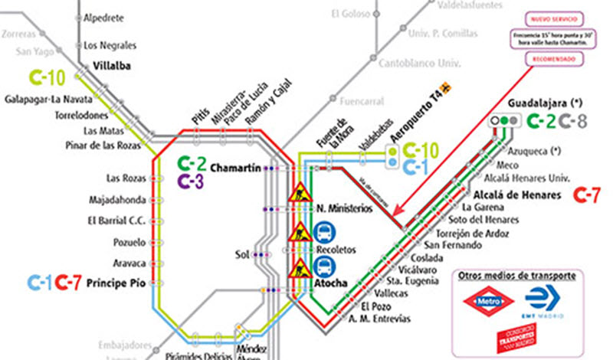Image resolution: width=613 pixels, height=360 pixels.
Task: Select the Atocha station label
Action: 331,283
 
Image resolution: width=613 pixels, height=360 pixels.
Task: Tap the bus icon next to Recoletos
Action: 324,232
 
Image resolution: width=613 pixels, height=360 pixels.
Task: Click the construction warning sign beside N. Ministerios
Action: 299,191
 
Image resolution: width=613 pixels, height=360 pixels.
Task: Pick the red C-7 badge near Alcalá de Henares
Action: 587,195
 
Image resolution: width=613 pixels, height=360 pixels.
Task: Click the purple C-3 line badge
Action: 189,182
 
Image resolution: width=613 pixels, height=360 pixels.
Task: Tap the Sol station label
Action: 241,254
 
